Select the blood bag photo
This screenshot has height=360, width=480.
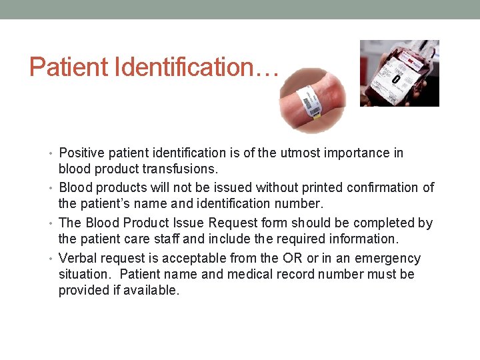[x=399, y=73]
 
